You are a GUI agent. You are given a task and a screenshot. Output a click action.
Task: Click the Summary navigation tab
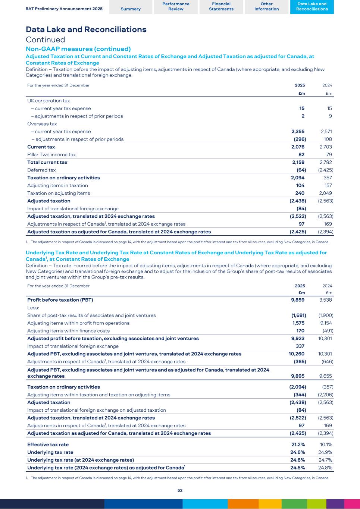tap(131, 9)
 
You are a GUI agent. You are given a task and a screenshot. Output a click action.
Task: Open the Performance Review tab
tap(176, 6)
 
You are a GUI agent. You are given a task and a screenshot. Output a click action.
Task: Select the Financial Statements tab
tap(221, 6)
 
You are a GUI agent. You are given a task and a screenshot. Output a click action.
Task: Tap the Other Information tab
tap(266, 6)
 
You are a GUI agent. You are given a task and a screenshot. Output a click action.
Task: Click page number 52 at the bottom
tap(180, 490)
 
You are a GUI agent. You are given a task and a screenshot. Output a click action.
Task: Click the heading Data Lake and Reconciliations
tap(86, 29)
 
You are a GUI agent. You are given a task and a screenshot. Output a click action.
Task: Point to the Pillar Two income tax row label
tap(51, 154)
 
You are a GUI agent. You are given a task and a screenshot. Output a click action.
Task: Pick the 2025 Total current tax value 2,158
tap(299, 162)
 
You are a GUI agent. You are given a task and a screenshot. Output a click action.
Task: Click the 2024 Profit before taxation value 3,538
tap(326, 300)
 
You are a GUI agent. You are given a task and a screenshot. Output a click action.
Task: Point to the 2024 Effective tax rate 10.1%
tap(326, 444)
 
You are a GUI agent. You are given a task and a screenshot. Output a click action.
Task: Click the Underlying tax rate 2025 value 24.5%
tap(298, 468)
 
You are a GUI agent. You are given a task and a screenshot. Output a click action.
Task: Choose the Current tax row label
tap(41, 147)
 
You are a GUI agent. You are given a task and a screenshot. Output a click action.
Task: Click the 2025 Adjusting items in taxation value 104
tap(300, 185)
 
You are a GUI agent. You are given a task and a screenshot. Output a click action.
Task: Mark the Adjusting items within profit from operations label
tap(78, 323)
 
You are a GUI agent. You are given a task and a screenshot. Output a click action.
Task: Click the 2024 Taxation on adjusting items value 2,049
tap(326, 193)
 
